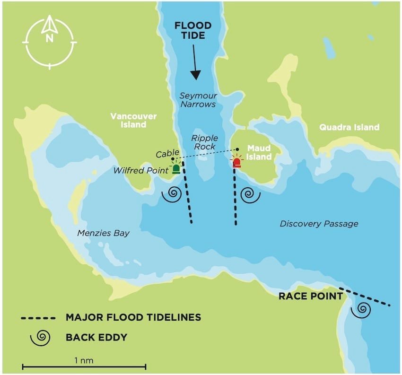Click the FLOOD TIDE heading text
[x=189, y=31]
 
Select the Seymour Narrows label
[x=198, y=100]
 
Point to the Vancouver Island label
[x=133, y=120]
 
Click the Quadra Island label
[x=349, y=127]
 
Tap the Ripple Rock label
[x=204, y=142]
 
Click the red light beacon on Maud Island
[x=236, y=163]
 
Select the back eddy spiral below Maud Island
[x=250, y=194]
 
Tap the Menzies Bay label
[x=104, y=233]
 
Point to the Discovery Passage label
[x=319, y=224]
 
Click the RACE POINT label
[x=310, y=297]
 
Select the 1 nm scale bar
[x=84, y=366]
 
